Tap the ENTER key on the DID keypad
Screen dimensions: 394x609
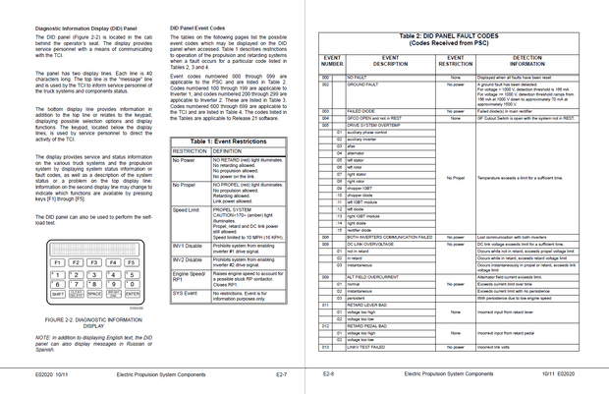133,293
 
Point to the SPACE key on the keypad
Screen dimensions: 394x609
94,293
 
